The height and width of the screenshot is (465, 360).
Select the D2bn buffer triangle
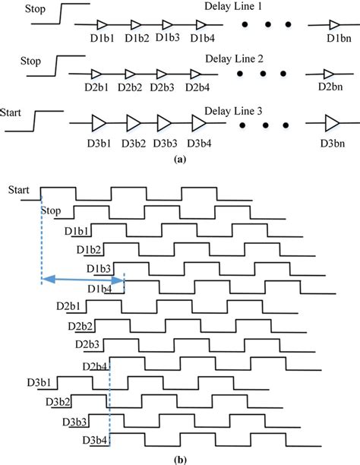(x=328, y=74)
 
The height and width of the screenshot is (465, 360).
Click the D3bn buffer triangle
(x=331, y=122)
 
